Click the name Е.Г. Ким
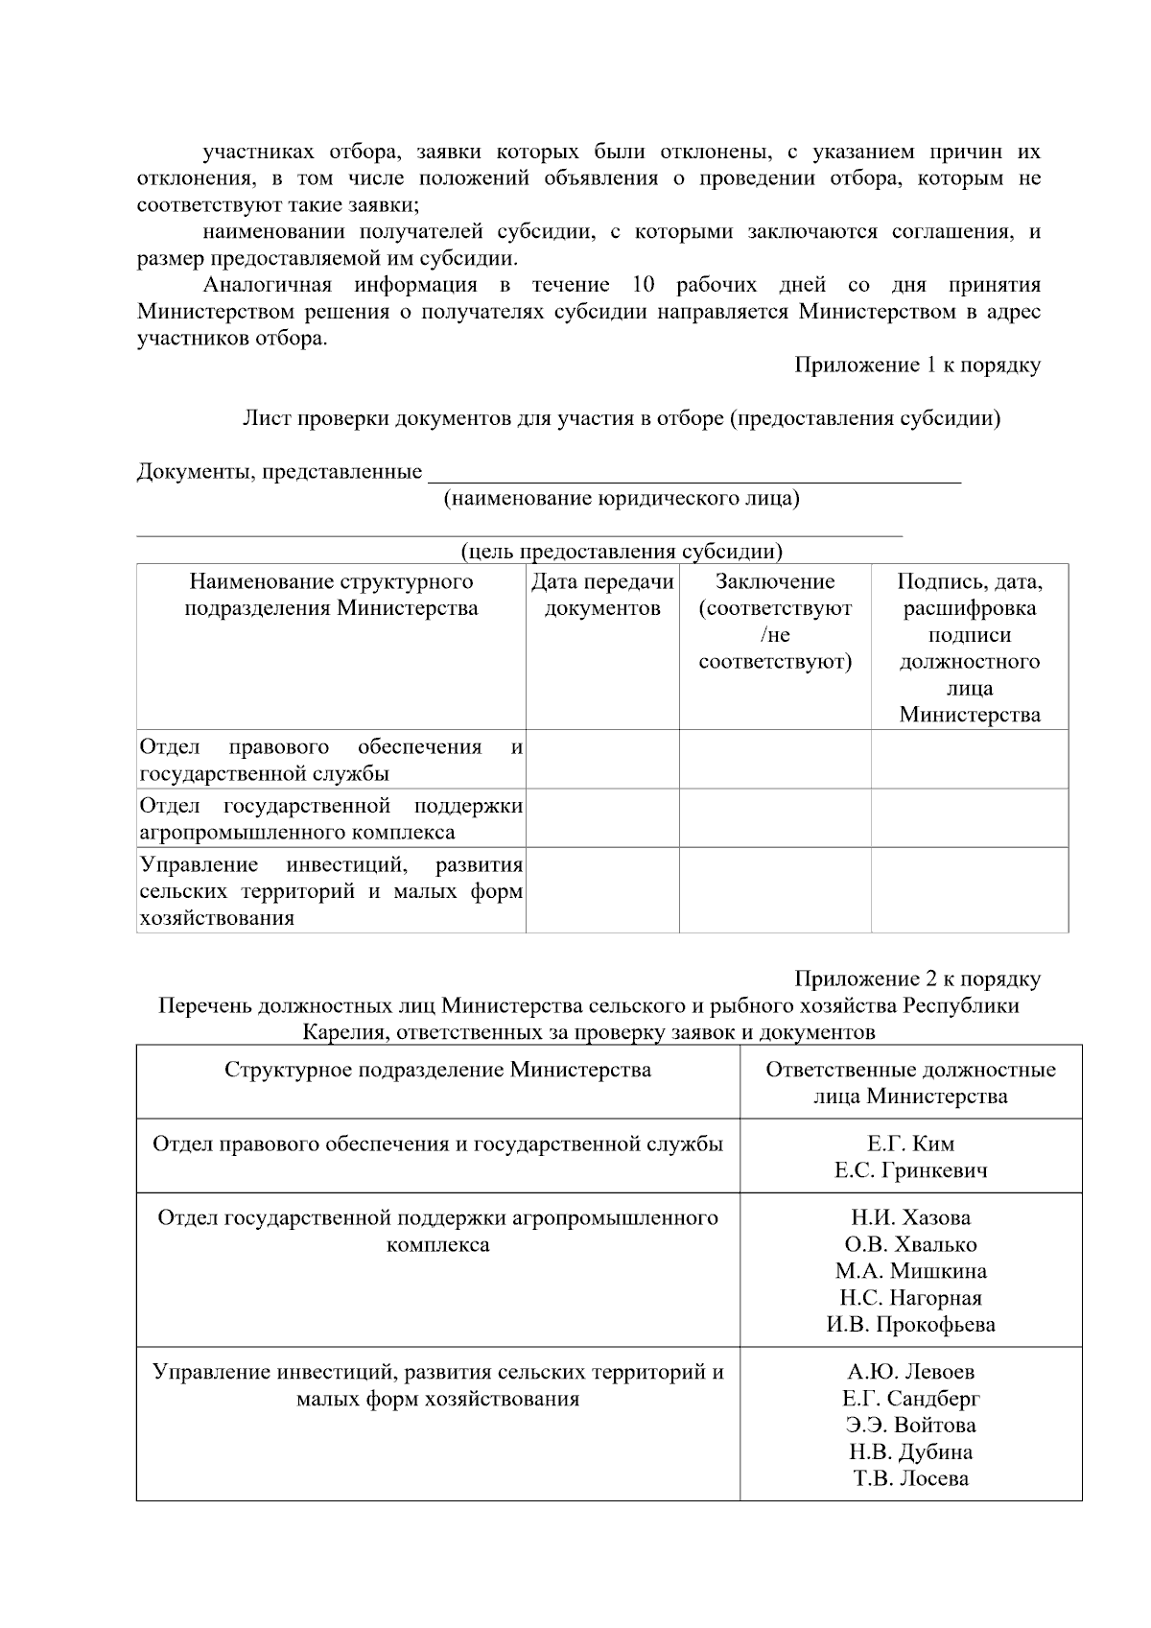[910, 1144]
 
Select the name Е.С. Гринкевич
[910, 1170]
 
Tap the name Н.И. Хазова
[910, 1217]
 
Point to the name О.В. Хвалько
[910, 1244]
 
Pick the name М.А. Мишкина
[910, 1271]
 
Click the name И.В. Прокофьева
[910, 1325]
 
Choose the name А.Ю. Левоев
[910, 1372]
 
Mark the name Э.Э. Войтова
[910, 1426]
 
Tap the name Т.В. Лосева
[910, 1478]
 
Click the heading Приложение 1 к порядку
[917, 366]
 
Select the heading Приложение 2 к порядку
[917, 979]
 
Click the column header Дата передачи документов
[602, 595]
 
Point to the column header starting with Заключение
[775, 622]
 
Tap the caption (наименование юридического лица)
[621, 498]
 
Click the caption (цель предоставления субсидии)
[621, 552]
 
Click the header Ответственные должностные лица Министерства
[910, 1083]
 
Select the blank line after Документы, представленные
[693, 473]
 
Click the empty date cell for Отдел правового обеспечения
[602, 760]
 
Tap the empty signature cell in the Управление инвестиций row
[969, 890]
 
